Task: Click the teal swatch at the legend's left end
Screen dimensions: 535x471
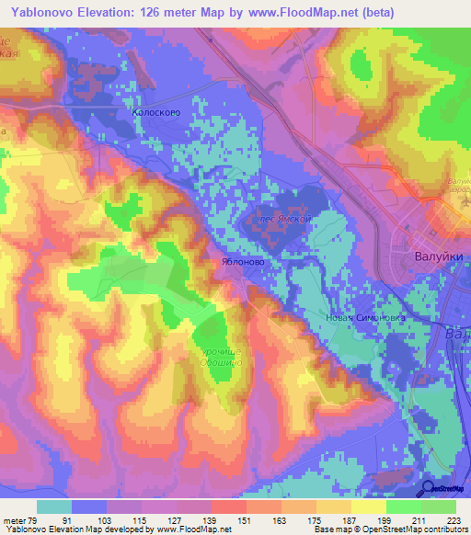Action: click(x=54, y=507)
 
